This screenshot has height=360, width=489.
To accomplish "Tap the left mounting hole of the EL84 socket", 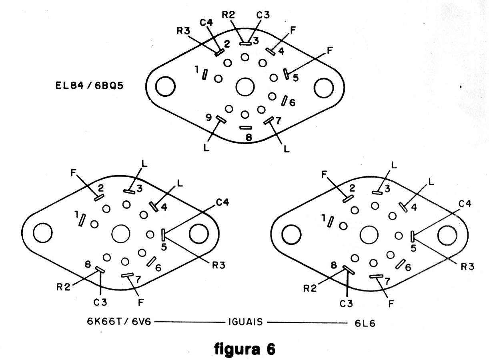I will click(x=165, y=86).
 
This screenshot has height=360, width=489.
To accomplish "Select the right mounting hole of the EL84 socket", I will click(x=324, y=88).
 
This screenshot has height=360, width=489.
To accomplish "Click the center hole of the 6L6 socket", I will click(x=369, y=234).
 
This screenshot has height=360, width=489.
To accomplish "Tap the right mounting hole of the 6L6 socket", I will click(x=447, y=236).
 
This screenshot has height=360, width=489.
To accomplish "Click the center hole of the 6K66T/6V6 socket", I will click(x=120, y=233).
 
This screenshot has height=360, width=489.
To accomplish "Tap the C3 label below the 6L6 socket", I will click(x=346, y=304).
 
